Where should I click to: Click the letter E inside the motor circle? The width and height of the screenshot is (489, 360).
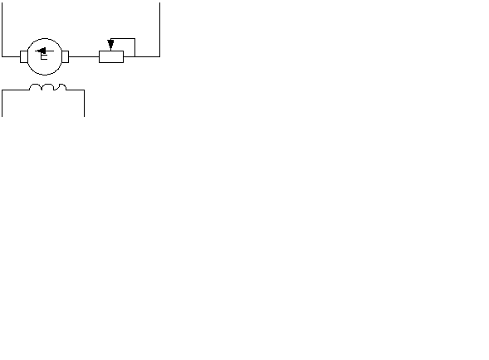(44, 56)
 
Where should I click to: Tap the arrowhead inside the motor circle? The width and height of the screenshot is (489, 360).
(42, 51)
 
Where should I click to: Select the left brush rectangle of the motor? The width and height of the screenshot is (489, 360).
(24, 56)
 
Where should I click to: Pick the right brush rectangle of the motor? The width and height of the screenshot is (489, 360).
(66, 56)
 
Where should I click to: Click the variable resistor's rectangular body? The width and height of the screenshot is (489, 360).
(111, 56)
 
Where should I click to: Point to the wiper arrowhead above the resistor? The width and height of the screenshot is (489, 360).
(110, 43)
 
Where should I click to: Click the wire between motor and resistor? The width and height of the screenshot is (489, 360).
(84, 56)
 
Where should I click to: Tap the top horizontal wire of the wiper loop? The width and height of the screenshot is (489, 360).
(123, 39)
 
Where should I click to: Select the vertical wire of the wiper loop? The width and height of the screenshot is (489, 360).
(134, 47)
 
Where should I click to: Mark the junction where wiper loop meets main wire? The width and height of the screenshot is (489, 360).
(134, 56)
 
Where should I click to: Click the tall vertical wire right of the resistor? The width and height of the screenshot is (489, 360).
(160, 30)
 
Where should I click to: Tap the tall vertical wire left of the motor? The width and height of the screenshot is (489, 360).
(2, 30)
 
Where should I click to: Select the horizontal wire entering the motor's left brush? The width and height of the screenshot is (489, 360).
(12, 56)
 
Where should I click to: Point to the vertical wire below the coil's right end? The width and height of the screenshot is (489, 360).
(84, 104)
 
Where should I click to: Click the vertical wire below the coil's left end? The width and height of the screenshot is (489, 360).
(2, 104)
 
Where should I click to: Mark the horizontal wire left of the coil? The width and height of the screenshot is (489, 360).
(16, 90)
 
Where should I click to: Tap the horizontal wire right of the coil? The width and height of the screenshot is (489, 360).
(76, 90)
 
